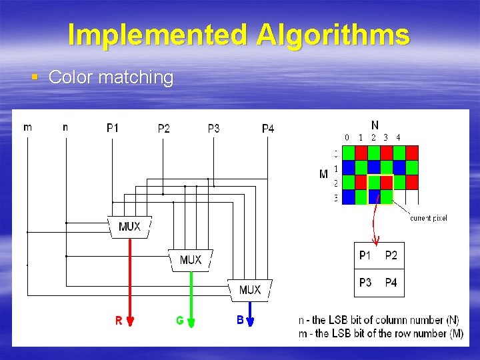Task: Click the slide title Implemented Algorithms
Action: click(239, 35)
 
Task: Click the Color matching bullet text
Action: click(111, 77)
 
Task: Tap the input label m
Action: click(27, 127)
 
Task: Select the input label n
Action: click(65, 127)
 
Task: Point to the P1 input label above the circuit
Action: click(113, 128)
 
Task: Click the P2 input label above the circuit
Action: click(164, 128)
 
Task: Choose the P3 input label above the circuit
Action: click(213, 128)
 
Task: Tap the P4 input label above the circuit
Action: click(267, 128)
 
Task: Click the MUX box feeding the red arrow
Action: click(129, 227)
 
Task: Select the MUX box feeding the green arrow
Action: click(191, 259)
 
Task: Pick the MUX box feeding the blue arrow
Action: click(250, 289)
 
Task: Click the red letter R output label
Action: click(119, 321)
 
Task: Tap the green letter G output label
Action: click(180, 321)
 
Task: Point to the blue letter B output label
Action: click(240, 320)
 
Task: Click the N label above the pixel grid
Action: click(375, 125)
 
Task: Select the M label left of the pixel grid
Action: click(323, 175)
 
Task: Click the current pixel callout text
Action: click(428, 218)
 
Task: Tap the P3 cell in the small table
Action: click(365, 283)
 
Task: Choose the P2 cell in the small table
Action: click(391, 255)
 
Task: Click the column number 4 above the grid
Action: click(398, 137)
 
